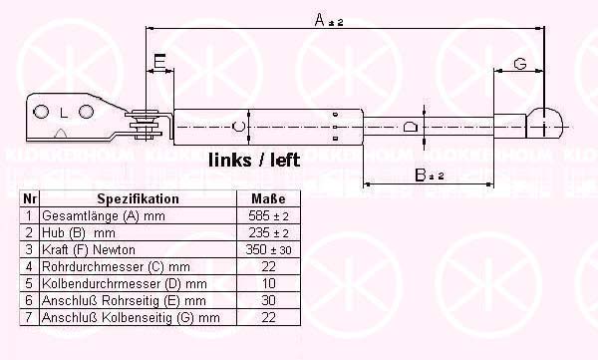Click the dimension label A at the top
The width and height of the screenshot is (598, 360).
click(x=329, y=20)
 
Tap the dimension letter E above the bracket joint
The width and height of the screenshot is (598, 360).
click(x=159, y=61)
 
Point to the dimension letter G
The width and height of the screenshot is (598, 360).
click(x=520, y=64)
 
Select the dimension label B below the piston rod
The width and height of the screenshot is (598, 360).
click(x=430, y=176)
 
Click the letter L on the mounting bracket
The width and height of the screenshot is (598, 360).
click(x=64, y=113)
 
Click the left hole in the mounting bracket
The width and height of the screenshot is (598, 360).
click(x=41, y=112)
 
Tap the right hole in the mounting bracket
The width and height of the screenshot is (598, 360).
click(x=86, y=112)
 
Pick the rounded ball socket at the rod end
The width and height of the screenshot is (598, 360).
click(x=544, y=123)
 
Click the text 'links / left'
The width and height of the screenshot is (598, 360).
click(x=254, y=161)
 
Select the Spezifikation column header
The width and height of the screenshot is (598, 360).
click(x=139, y=198)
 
